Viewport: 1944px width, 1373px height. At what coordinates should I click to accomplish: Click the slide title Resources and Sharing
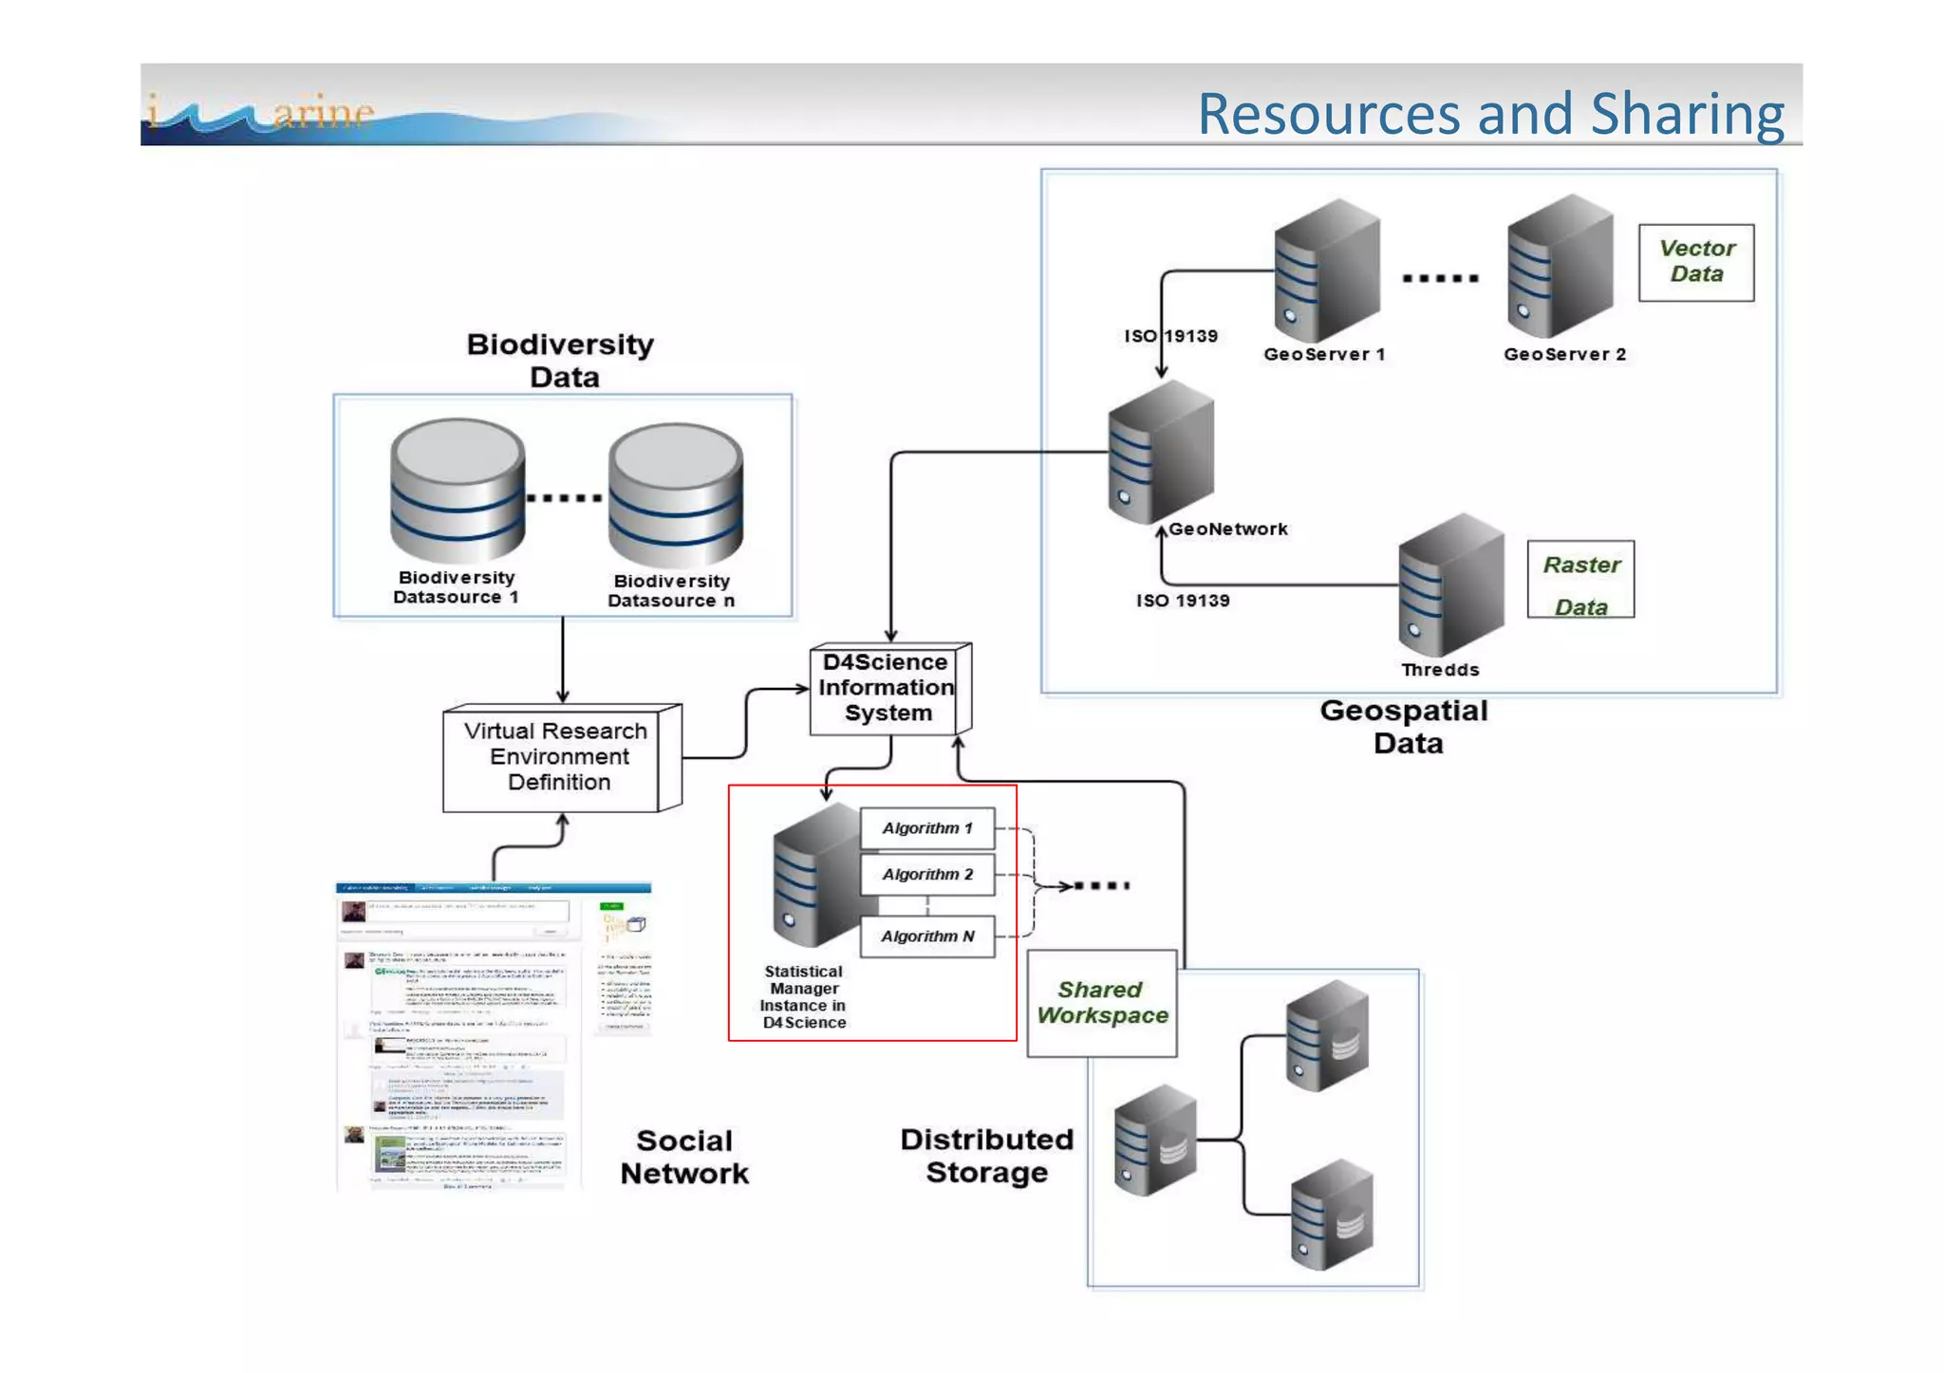1489,114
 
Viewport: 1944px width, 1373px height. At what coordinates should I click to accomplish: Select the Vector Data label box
1695,262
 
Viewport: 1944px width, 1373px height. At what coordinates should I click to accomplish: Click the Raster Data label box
1579,580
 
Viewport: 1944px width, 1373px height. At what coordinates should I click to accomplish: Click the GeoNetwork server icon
1160,452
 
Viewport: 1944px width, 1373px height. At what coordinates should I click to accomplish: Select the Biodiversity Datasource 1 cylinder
457,491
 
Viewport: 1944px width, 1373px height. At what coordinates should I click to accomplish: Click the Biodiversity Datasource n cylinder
675,494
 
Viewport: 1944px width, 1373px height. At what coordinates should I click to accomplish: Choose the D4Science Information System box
887,688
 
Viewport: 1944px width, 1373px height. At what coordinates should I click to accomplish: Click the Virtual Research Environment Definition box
557,757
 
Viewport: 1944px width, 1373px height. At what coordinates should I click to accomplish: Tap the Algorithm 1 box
926,828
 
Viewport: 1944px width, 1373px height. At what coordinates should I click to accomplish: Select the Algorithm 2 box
926,875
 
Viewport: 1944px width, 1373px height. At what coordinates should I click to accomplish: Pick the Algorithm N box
926,937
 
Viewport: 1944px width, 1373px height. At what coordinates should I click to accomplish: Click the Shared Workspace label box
1101,1003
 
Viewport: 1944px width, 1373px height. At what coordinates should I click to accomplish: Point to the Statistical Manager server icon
814,878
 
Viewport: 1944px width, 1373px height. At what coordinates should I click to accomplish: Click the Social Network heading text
683,1157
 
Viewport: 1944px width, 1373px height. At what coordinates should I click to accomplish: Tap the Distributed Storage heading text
986,1156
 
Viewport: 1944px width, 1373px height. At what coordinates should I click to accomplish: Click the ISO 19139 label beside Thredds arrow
1182,601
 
